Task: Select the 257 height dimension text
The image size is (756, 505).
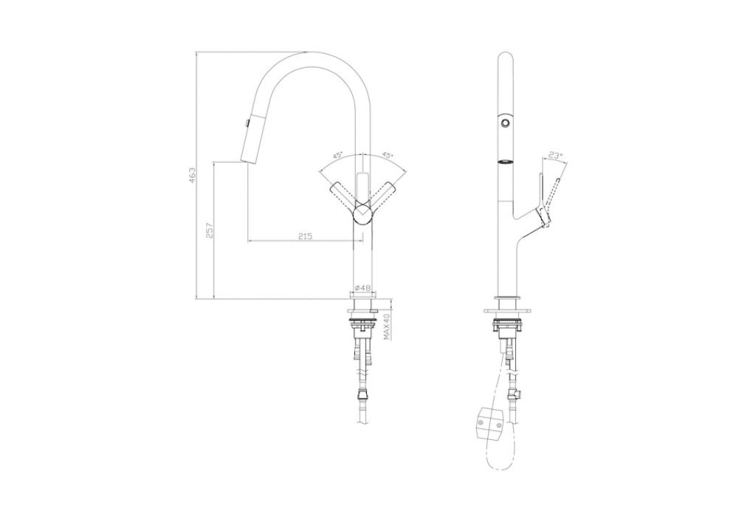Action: pyautogui.click(x=209, y=230)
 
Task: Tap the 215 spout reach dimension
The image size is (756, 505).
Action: pyautogui.click(x=304, y=236)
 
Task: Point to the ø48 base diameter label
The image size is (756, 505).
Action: pyautogui.click(x=362, y=287)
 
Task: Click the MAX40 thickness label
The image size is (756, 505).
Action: pyautogui.click(x=386, y=325)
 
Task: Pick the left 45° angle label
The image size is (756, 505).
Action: pyautogui.click(x=337, y=157)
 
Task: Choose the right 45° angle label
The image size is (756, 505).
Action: pyautogui.click(x=386, y=157)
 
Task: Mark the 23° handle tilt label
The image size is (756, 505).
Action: pyautogui.click(x=554, y=157)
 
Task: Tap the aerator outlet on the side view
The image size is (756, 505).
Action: pyautogui.click(x=504, y=163)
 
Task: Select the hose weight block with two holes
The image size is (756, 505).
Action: pyautogui.click(x=490, y=423)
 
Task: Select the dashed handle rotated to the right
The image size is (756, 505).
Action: pyautogui.click(x=384, y=195)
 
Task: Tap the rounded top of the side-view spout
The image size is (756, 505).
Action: pyautogui.click(x=507, y=59)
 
